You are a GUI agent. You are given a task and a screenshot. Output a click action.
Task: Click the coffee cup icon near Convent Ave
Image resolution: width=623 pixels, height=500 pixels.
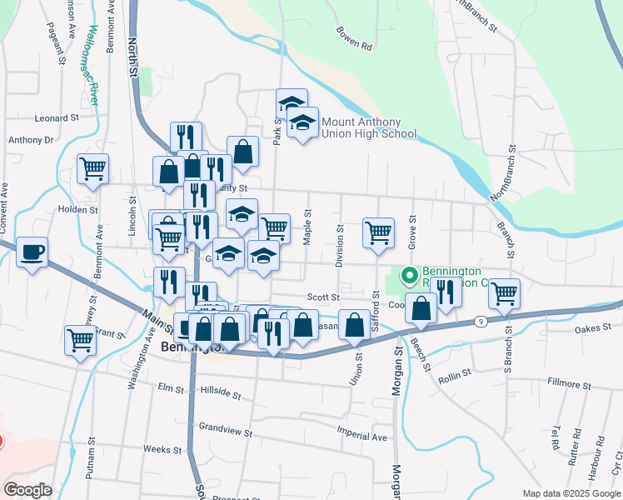tap(32, 252)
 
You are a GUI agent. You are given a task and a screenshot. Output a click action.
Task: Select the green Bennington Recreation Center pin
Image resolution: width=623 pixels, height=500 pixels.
tap(409, 274)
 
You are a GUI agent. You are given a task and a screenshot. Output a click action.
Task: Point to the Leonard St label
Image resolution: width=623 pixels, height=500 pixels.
tap(56, 118)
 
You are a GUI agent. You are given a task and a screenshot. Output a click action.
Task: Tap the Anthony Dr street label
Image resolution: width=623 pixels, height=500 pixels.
tap(31, 140)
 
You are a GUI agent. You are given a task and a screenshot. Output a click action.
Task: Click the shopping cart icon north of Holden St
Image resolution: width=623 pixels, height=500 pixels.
tap(92, 167)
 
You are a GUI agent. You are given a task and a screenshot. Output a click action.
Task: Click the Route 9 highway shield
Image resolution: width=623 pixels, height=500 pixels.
tap(481, 321)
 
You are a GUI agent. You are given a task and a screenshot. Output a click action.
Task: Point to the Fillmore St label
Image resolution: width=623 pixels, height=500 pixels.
tap(569, 385)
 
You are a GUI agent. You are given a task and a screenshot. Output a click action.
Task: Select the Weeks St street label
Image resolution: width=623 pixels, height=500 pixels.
tap(162, 449)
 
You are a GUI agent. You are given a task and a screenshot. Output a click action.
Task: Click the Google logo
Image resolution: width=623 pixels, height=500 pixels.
tap(27, 490)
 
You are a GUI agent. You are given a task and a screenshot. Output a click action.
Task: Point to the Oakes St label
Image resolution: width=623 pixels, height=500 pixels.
tap(593, 330)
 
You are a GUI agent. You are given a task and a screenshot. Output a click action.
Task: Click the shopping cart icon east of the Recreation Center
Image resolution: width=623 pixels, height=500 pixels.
tap(504, 292)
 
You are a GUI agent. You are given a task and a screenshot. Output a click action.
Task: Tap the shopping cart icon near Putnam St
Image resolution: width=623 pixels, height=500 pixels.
tap(80, 339)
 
